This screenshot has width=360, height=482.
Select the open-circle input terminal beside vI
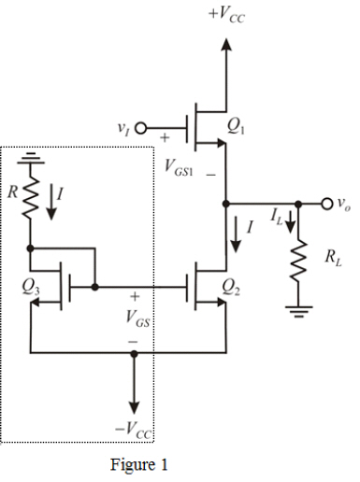tap(142, 129)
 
